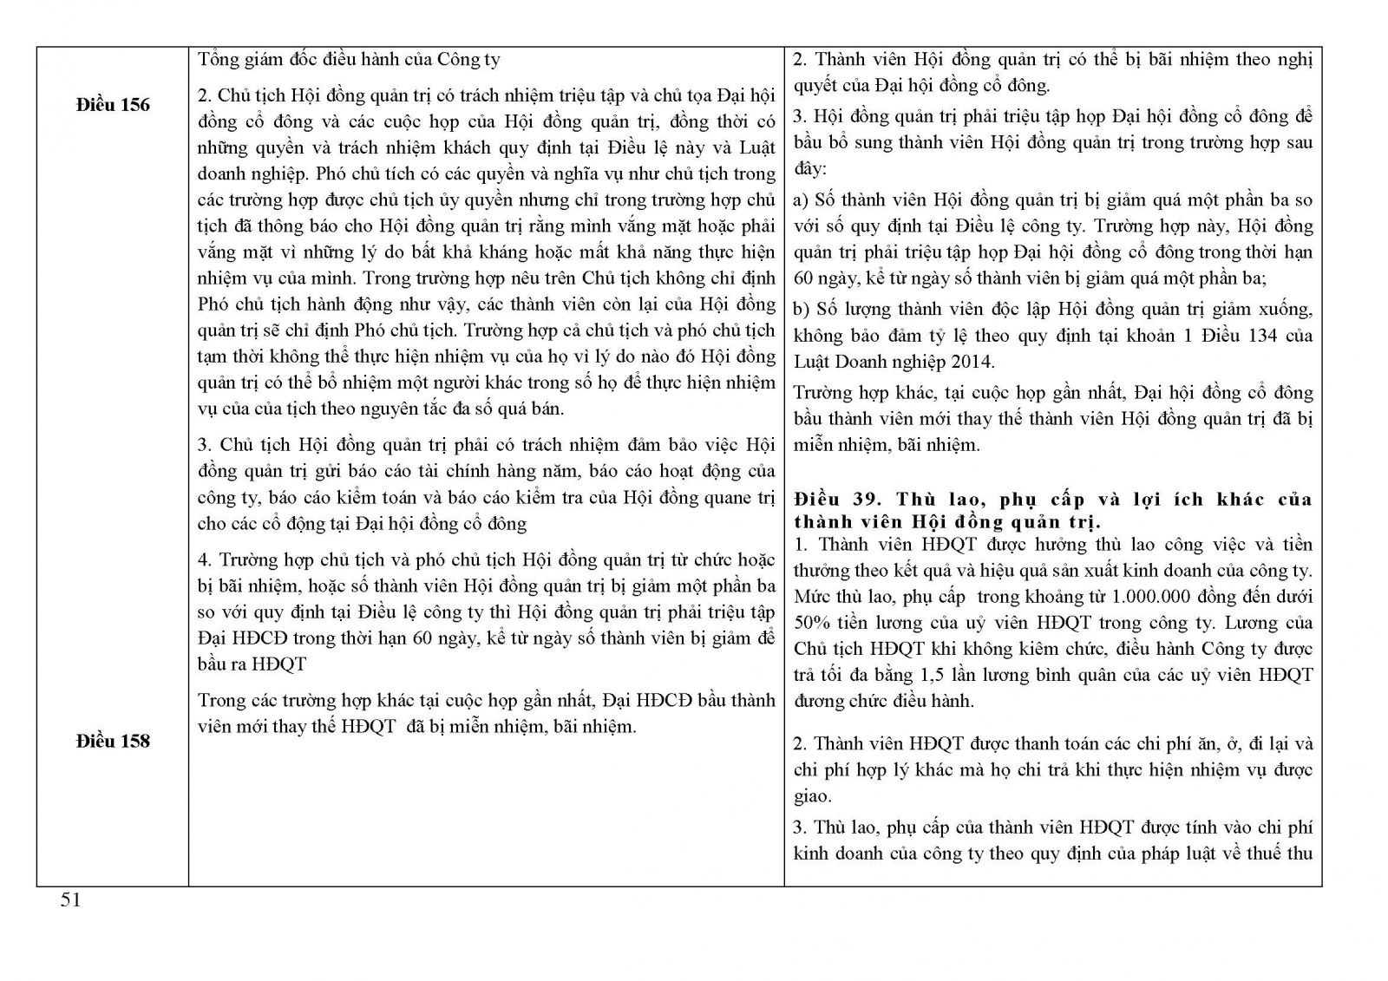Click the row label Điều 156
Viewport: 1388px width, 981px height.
click(113, 105)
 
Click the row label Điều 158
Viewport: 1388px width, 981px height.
click(113, 741)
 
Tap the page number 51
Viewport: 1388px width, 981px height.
click(70, 900)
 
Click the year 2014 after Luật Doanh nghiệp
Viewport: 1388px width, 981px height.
click(973, 361)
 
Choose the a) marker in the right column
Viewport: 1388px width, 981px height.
click(802, 200)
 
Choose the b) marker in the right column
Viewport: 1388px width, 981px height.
click(802, 309)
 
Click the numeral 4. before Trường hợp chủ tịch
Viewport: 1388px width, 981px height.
click(205, 560)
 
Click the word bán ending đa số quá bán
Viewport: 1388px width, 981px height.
click(547, 409)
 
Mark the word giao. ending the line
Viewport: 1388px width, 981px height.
click(812, 795)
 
